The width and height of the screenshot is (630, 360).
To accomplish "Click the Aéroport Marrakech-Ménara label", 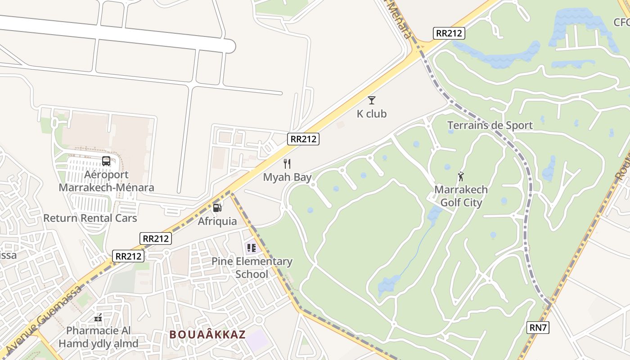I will [106, 181].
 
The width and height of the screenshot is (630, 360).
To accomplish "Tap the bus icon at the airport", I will [106, 161].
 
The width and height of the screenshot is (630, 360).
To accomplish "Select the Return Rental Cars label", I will [90, 218].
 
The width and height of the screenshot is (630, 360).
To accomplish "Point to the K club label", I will [372, 114].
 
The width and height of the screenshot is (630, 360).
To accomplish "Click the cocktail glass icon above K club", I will [372, 100].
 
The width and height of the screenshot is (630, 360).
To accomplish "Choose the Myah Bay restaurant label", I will [287, 177].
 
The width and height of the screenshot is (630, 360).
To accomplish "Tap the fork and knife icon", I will [287, 163].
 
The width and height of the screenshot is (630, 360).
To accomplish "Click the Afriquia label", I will [217, 221].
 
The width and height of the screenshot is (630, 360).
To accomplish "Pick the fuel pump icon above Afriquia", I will [217, 207].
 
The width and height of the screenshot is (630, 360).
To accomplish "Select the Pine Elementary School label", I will [252, 268].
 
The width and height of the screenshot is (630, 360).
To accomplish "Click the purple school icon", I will [251, 247].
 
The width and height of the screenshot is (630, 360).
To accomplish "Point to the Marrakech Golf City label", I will [461, 196].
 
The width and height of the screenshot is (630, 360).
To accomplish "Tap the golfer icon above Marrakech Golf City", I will [460, 176].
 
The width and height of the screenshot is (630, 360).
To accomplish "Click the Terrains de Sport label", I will [490, 126].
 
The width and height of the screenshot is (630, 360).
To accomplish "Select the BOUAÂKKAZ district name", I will [208, 334].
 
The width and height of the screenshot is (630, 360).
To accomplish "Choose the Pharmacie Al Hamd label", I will [98, 337].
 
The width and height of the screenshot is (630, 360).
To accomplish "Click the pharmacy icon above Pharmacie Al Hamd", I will [99, 318].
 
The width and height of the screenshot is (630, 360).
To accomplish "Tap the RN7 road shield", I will [538, 328].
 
